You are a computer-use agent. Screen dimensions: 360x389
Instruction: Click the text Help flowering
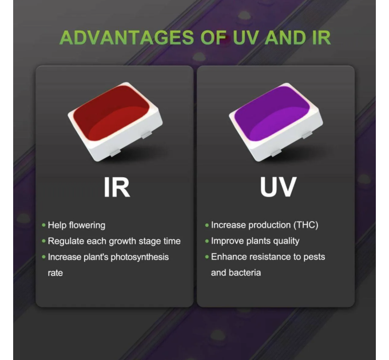[77, 225]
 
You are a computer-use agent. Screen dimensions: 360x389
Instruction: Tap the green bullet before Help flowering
[43, 225]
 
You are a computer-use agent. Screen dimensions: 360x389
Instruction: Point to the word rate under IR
[55, 273]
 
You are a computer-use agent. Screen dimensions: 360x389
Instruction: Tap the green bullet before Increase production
[207, 225]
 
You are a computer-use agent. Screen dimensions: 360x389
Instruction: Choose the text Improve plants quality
[255, 241]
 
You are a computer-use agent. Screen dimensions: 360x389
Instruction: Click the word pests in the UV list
[313, 257]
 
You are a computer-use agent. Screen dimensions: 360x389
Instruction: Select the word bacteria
[245, 273]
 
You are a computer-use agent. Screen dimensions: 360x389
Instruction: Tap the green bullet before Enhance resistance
[207, 257]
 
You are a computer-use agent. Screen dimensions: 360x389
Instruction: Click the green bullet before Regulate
[43, 241]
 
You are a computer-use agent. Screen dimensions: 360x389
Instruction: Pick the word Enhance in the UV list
[228, 257]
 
